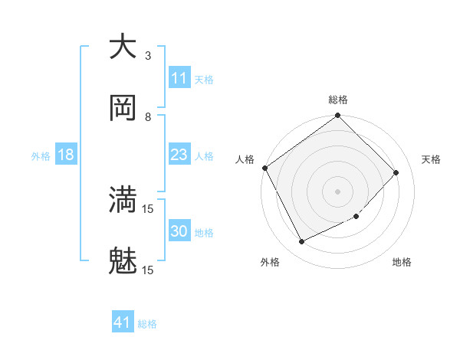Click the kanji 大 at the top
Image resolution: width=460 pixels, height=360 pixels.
tap(123, 47)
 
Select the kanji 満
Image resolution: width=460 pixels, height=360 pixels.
tap(123, 200)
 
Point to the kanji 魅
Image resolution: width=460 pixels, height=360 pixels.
tap(123, 261)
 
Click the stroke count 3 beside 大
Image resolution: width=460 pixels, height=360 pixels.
tap(148, 56)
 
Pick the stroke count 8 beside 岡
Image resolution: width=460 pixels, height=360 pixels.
tap(148, 116)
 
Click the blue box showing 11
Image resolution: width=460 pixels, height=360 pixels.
tap(179, 78)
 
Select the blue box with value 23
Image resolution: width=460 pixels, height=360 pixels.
tap(179, 155)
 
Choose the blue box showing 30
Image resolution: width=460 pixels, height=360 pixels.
tap(179, 231)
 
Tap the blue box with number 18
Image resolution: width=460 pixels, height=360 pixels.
tap(66, 155)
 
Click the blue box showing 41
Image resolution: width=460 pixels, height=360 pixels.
tap(123, 322)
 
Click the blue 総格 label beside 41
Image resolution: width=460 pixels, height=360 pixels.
tap(147, 324)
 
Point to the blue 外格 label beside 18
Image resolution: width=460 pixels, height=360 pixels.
tap(41, 155)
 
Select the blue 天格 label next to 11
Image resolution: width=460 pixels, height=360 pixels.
tap(203, 80)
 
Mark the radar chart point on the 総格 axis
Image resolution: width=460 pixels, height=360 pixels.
tap(337, 116)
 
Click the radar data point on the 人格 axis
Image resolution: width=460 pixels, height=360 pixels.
tap(265, 168)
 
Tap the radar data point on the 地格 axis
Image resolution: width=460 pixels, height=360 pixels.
tap(356, 217)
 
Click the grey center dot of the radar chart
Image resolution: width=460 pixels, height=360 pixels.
tap(337, 191)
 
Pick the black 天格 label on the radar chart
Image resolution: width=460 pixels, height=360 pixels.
tap(431, 159)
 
